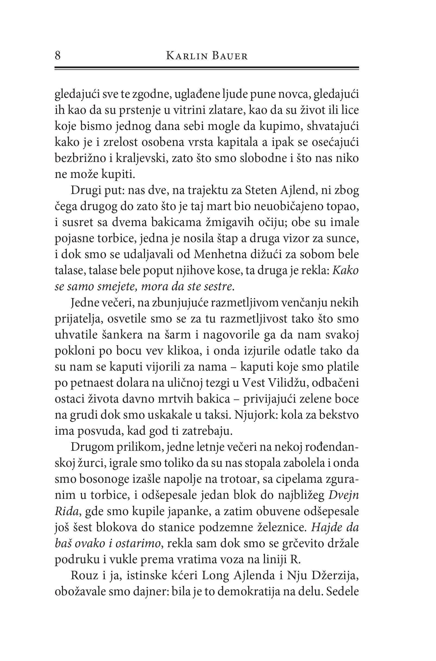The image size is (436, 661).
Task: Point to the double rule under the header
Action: [x=207, y=68]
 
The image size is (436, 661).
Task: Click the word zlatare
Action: [x=220, y=111]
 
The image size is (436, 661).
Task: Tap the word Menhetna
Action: [x=221, y=255]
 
